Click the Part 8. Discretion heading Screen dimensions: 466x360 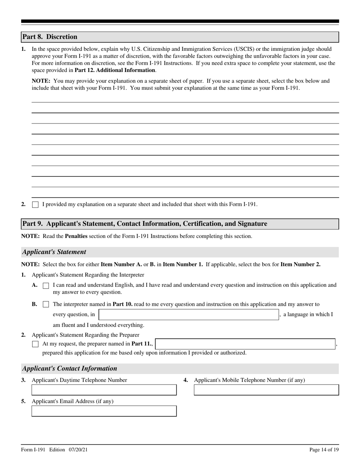coord(50,37)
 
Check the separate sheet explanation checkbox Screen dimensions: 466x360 coord(35,205)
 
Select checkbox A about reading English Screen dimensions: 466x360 coord(46,286)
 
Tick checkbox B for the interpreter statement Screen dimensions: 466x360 coord(46,304)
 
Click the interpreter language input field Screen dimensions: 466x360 coord(189,314)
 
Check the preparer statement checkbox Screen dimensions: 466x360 coord(35,344)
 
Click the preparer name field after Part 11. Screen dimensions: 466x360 coord(245,344)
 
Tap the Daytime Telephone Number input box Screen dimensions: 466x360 coord(104,390)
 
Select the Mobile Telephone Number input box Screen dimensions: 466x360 coord(266,390)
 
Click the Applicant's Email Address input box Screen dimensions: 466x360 coord(104,411)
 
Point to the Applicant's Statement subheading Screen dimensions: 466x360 coord(54,252)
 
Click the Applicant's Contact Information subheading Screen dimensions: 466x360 coord(70,369)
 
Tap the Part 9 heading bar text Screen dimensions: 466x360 coord(144,224)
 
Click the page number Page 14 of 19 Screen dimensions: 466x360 coord(324,450)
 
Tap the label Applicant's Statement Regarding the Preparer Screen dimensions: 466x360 coord(85,335)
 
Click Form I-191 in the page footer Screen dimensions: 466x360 coord(33,450)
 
